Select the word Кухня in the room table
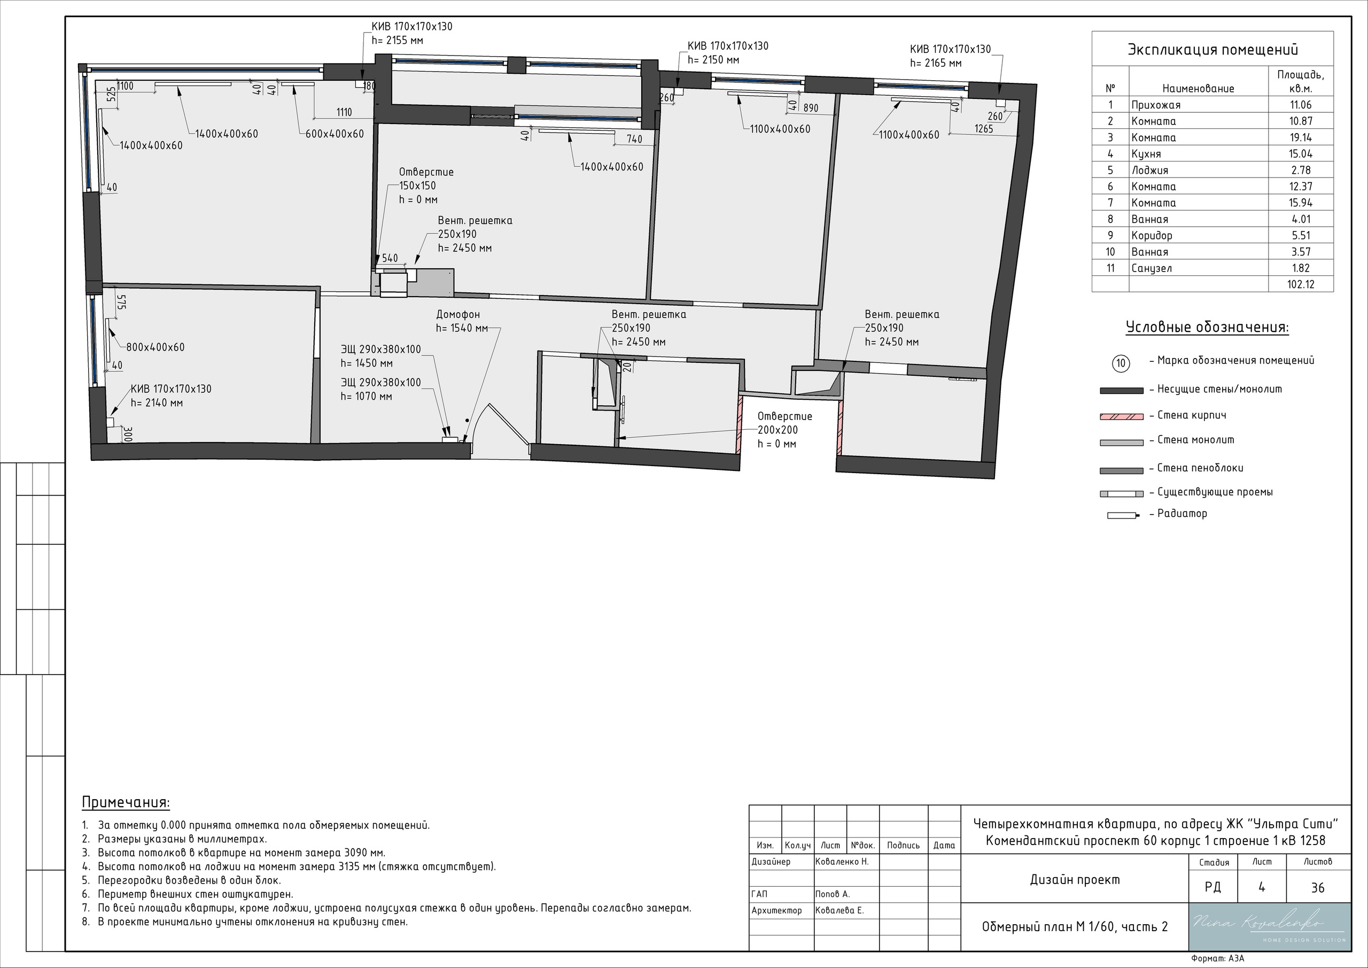coord(1146,154)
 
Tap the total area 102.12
coord(1300,284)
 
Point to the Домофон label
coord(457,314)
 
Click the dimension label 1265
coord(984,129)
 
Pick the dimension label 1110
coord(344,112)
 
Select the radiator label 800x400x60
coord(155,347)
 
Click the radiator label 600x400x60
coord(335,134)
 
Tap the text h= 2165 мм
coord(936,63)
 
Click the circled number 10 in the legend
coord(1121,363)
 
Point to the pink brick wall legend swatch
coord(1121,416)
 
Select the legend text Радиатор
coord(1182,513)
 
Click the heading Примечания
coord(126,802)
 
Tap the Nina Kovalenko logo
coord(1269,926)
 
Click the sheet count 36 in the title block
coord(1317,887)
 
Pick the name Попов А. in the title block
coord(833,894)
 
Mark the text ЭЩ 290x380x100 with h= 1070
coord(380,389)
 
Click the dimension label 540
coord(390,258)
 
